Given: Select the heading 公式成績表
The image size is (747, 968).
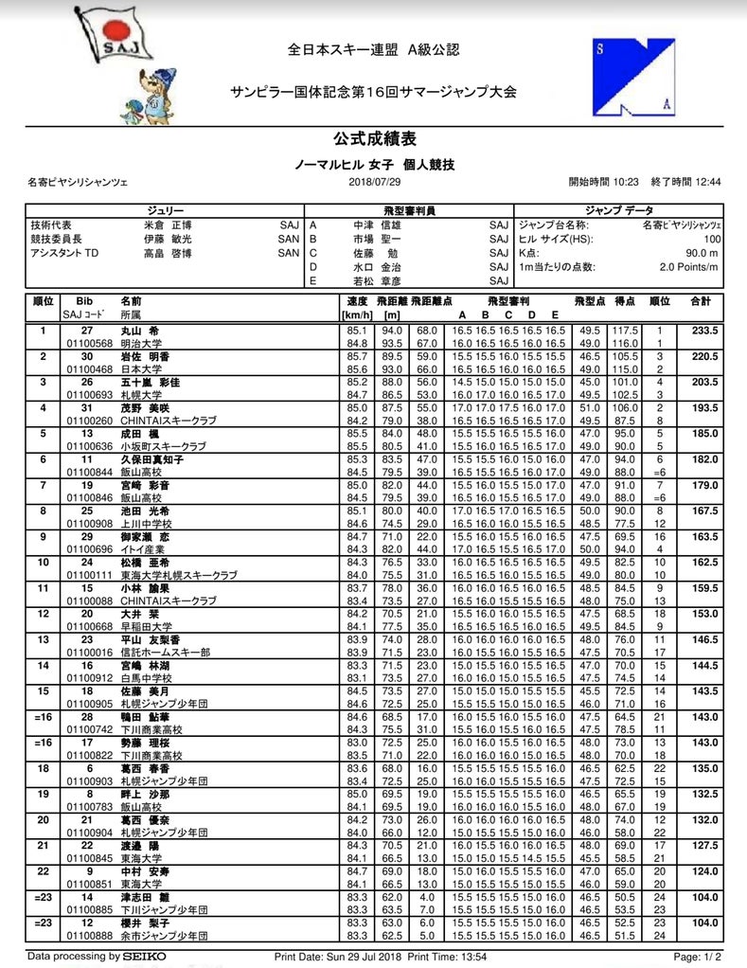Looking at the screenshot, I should click(x=374, y=139).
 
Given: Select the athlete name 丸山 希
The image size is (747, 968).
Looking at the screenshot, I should click(x=139, y=331).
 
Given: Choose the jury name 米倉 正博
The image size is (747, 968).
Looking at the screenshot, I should click(x=168, y=225).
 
